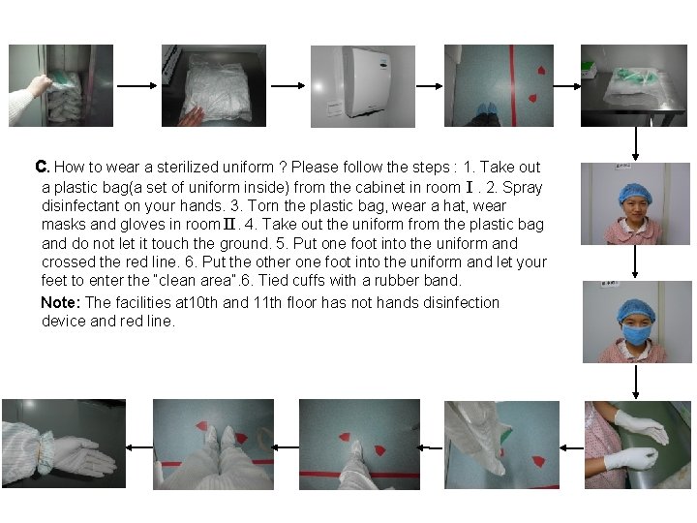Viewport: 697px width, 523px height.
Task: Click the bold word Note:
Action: coord(61,302)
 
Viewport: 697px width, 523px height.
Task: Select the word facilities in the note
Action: coord(145,302)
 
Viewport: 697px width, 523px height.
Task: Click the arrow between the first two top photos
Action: coord(136,86)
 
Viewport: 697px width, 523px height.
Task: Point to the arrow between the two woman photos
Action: coord(635,261)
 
